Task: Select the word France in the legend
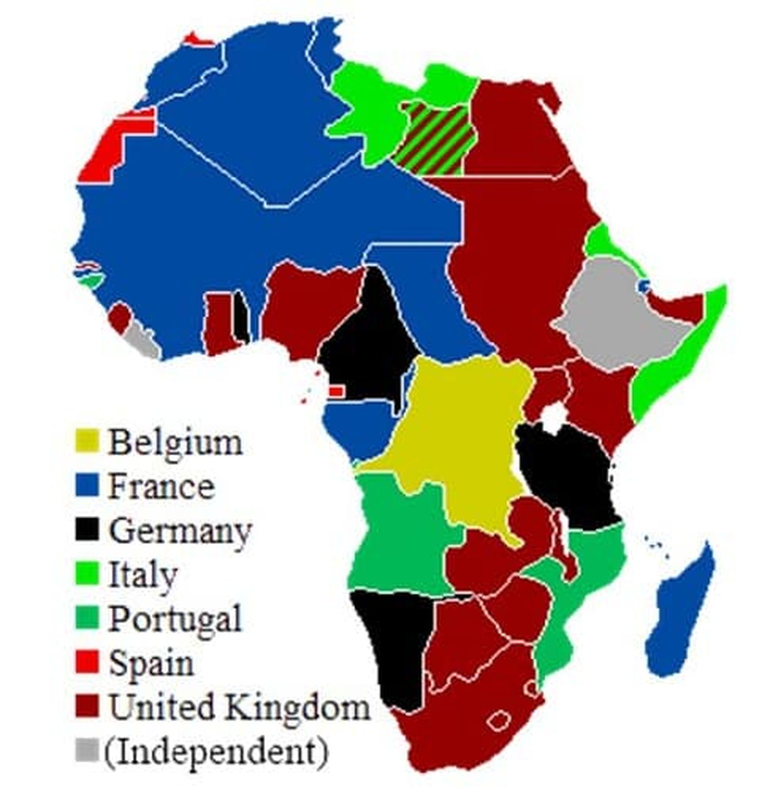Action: click(161, 487)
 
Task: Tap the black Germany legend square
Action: click(87, 529)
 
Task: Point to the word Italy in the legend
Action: click(143, 575)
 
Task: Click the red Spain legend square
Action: click(87, 661)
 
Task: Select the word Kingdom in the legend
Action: click(299, 707)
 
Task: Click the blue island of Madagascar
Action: click(678, 615)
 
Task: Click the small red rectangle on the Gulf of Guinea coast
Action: click(336, 390)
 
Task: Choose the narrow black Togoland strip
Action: click(241, 317)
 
